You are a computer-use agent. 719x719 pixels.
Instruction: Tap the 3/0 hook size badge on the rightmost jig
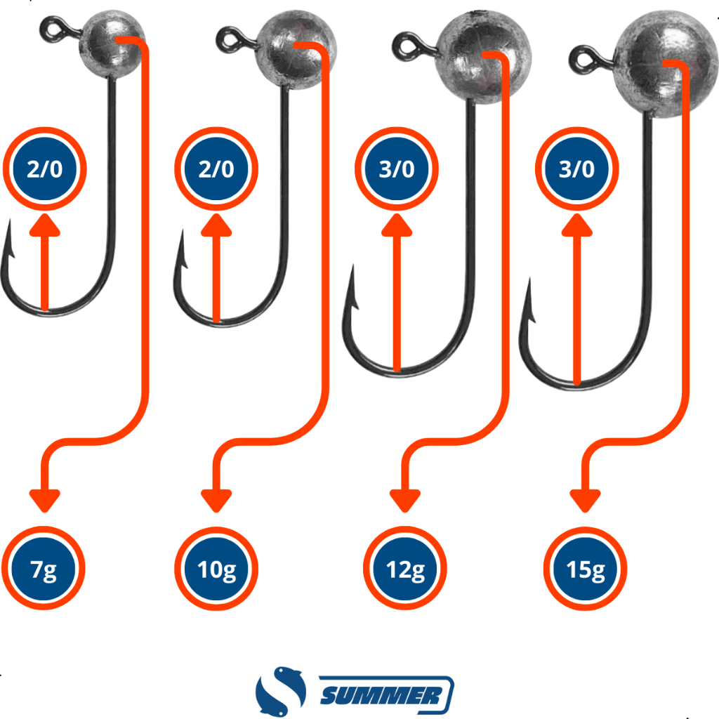pos(576,169)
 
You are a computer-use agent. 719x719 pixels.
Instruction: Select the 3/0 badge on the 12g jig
pos(397,169)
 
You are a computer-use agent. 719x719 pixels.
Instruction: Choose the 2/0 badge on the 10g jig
pos(216,169)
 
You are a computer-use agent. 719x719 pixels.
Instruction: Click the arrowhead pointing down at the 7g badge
pos(44,498)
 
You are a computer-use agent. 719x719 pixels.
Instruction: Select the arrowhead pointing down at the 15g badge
pos(586,498)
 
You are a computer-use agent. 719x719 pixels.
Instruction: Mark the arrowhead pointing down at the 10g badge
pos(216,498)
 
